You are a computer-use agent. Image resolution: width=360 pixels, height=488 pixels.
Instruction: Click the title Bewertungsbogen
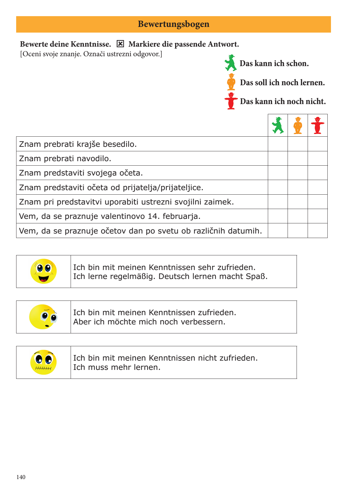174,24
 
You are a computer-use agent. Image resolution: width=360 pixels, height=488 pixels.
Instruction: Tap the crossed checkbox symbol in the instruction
120,44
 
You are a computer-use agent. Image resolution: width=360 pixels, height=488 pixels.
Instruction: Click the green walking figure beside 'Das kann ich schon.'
231,63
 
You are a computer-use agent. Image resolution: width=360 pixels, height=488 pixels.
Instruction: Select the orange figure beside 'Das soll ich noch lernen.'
231,82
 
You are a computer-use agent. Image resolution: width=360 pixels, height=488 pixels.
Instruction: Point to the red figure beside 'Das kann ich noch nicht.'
231,101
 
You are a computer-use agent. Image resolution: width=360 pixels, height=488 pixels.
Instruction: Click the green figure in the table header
278,125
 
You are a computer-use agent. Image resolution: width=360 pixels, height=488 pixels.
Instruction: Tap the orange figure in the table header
298,125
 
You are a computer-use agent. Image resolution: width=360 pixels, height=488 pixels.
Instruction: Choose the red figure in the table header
318,125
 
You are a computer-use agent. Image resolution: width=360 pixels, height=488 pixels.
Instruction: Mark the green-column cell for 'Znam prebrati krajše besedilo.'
278,144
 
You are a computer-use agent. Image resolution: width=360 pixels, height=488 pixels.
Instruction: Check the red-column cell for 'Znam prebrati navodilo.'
318,158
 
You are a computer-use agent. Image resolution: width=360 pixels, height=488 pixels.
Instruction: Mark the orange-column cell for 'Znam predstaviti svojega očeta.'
298,173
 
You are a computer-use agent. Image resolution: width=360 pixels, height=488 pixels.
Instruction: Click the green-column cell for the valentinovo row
278,216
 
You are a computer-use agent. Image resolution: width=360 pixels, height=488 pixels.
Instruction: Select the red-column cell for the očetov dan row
318,231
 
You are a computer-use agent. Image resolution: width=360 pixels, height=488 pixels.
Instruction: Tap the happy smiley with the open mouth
43,271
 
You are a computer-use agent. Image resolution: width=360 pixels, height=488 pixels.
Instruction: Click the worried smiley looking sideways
43,317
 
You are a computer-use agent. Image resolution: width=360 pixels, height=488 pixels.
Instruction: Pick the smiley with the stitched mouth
43,362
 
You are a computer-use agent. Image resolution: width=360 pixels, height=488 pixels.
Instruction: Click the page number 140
21,477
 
